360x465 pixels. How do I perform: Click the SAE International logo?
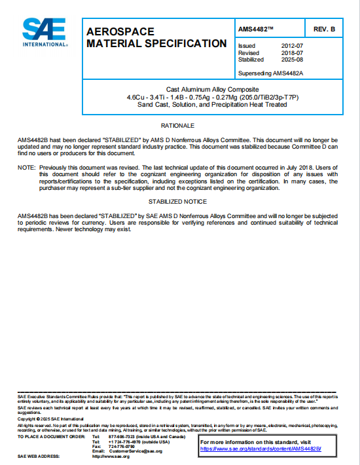(44, 32)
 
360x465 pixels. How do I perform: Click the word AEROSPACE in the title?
(120, 31)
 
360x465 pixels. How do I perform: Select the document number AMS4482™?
(257, 30)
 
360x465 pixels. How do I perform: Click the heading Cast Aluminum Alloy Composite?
(213, 89)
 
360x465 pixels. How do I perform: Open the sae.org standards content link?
(262, 449)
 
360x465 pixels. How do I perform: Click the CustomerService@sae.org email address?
(135, 451)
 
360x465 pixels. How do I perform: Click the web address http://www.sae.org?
(111, 456)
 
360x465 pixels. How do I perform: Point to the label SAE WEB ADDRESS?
(39, 456)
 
